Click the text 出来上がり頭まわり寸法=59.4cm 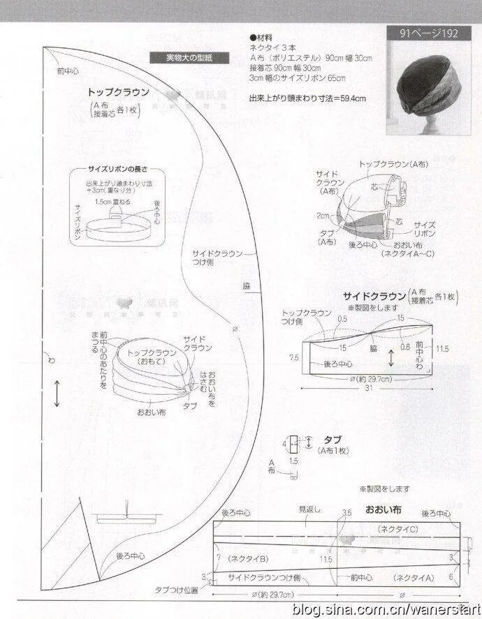(307, 98)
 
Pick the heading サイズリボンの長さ (117, 170)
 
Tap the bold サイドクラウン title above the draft (375, 295)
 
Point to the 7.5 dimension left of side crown (294, 357)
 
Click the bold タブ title (333, 439)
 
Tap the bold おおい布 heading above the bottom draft (384, 509)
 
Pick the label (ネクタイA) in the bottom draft (414, 577)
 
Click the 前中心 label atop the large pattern (68, 71)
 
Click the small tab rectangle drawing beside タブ (294, 442)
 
